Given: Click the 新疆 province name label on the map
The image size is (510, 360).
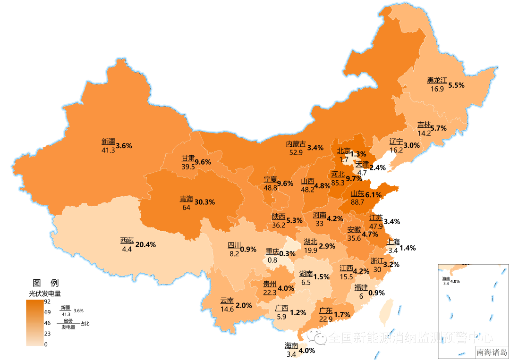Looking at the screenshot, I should pos(108,141).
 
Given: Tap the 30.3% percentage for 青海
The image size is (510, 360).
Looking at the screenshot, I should pos(204,202).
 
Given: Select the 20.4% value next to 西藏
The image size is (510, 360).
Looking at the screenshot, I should pos(145,244).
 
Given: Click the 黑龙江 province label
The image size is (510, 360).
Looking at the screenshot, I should pos(437,81).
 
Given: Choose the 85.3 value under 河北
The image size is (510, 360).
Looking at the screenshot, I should pos(338,183).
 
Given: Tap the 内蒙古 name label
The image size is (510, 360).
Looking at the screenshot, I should pos(296,144).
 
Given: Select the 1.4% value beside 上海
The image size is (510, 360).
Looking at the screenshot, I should pos(408,248).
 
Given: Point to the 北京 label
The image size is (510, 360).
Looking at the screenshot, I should pos(343,151).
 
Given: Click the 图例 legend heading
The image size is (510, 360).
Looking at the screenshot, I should pos(45,283).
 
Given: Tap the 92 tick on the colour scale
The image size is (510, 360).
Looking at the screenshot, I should pos(47,301).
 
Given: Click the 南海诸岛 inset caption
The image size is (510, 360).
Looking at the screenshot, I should pos(492,352).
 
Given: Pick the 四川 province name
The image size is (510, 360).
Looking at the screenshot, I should pos(234,245).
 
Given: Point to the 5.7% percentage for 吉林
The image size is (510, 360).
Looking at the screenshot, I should pos(438,128).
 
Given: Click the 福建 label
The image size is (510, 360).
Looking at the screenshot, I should pos(361,288).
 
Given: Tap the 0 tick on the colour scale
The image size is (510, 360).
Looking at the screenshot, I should pos(46,344).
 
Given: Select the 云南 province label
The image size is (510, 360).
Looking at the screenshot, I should pos(227,301).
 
